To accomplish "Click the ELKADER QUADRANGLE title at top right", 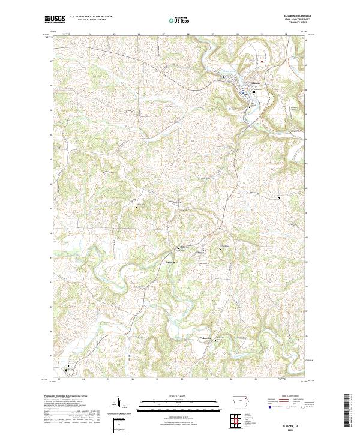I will click(298, 17).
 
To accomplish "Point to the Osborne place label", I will click(170, 260).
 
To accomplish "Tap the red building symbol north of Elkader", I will click(261, 61).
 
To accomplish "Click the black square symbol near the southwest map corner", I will click(71, 364).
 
